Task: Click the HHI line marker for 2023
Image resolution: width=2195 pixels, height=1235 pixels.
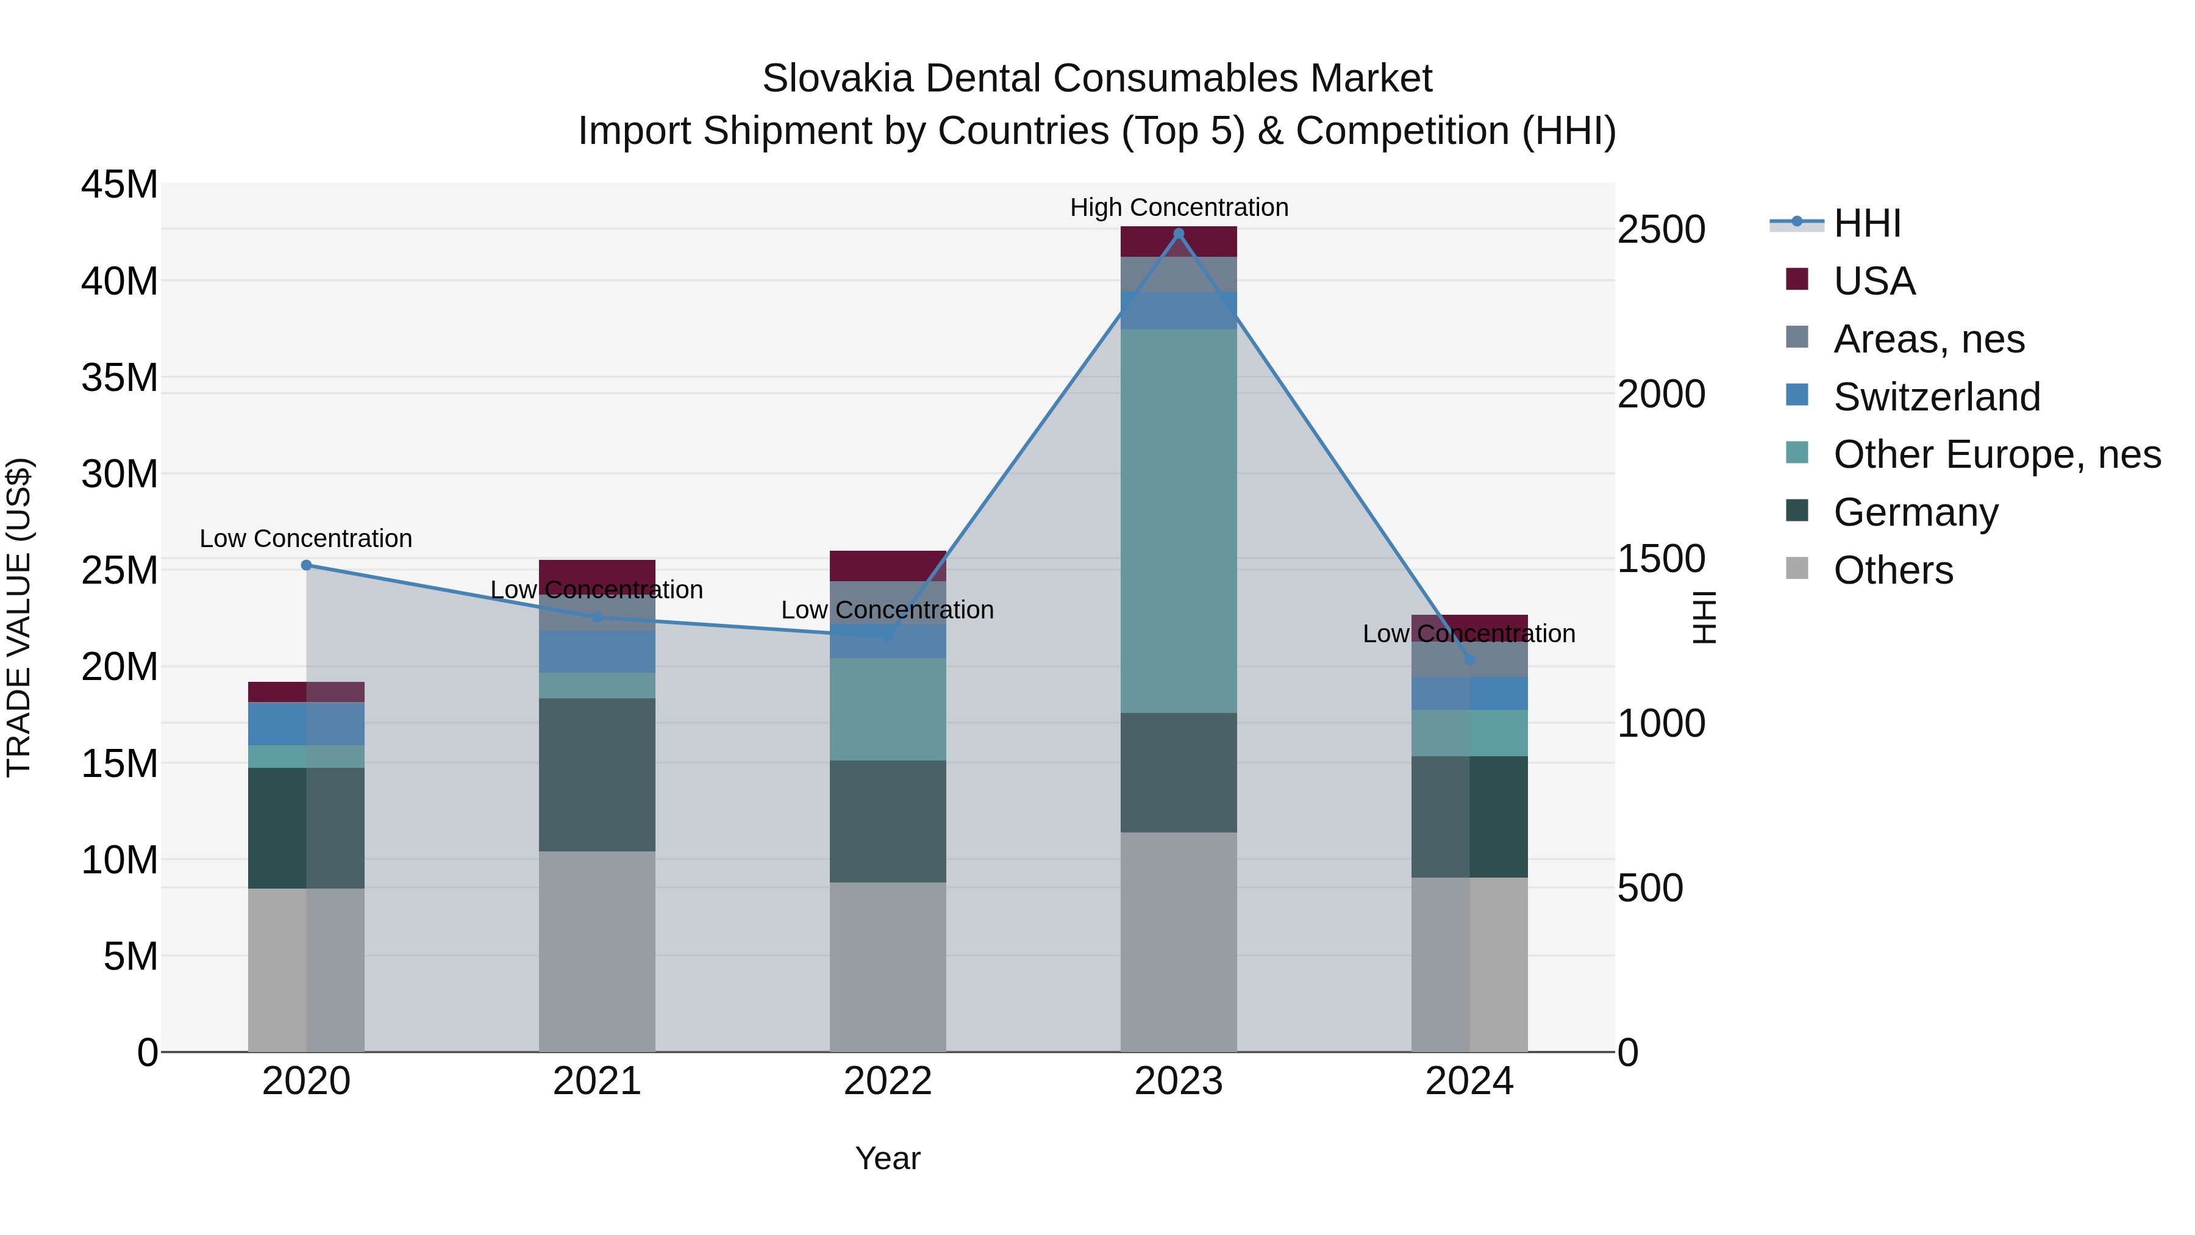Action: [1179, 234]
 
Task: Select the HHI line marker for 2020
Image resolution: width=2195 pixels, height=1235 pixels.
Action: [307, 565]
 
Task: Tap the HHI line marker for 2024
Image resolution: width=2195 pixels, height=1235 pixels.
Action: [1469, 660]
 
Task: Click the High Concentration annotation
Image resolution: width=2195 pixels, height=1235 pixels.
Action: [1179, 207]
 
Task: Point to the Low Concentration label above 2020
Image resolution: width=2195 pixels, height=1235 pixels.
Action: [306, 539]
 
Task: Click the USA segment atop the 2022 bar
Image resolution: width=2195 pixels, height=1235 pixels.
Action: [888, 566]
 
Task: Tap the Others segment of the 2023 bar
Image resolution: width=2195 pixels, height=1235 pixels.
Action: [1179, 942]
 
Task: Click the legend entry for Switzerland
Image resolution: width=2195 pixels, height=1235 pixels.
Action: [1936, 397]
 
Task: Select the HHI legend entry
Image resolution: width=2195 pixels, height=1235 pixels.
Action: [1866, 223]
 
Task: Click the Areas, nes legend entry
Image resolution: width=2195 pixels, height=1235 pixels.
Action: [1929, 339]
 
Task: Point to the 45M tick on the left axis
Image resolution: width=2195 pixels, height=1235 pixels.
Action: [120, 185]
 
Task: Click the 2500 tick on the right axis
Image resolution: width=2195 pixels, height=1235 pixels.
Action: [1661, 230]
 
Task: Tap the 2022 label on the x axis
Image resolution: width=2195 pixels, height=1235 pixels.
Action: [888, 1081]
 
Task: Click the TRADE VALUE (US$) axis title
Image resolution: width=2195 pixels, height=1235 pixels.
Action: [19, 617]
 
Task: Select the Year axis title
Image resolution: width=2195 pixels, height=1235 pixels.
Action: [888, 1158]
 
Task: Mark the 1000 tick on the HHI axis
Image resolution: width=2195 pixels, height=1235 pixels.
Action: [1661, 723]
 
